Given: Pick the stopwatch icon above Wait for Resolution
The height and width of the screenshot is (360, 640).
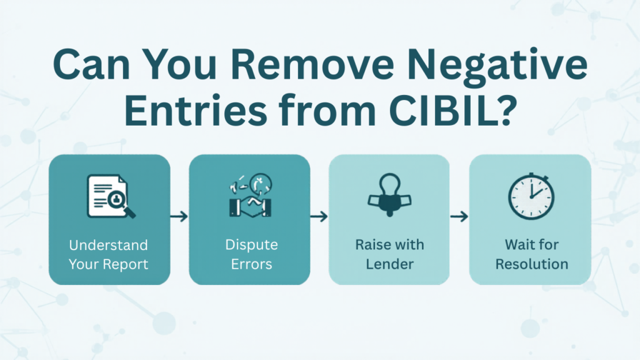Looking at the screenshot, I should [x=530, y=195].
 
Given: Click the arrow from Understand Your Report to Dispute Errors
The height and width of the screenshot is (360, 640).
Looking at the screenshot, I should [x=179, y=216].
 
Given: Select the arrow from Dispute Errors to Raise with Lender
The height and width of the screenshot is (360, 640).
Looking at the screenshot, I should [x=319, y=216].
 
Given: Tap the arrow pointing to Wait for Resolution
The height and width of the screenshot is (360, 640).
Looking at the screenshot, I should [x=459, y=216].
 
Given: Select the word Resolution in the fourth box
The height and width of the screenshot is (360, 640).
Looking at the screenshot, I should [x=531, y=264].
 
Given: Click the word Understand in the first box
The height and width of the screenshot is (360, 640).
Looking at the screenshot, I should [x=109, y=244].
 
